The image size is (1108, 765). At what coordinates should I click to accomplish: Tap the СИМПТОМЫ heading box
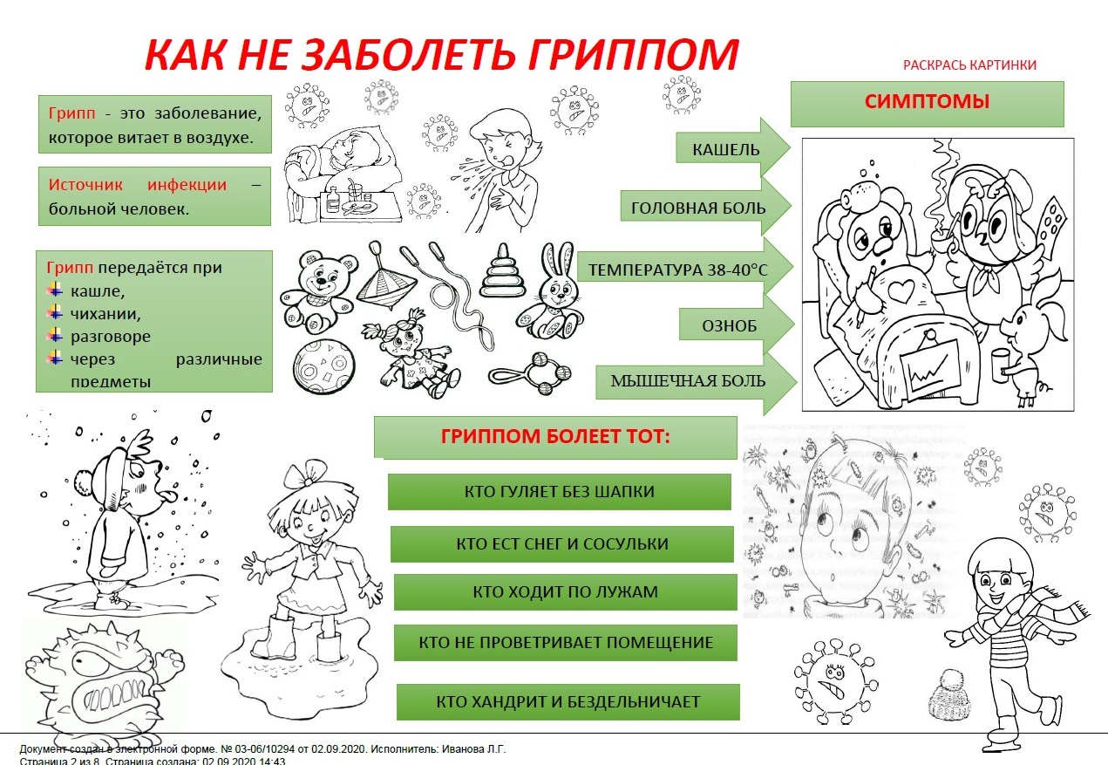[x=927, y=104]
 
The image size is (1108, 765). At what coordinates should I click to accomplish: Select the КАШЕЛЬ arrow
[x=733, y=147]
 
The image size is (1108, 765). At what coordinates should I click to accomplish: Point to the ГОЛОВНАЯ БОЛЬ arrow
[x=706, y=206]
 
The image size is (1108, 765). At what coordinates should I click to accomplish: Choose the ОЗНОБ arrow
[x=737, y=324]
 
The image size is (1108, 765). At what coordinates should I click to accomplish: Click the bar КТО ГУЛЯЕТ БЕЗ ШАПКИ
[x=560, y=492]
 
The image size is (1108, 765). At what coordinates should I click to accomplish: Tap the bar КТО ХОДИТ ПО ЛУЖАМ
[x=566, y=591]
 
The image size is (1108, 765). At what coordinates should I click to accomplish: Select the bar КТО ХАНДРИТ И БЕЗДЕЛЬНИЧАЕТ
[x=568, y=701]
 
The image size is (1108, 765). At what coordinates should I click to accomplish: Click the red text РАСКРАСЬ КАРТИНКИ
[x=969, y=65]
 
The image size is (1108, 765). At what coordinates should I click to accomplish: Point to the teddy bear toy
[x=319, y=292]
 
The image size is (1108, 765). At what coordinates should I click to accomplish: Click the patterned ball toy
[x=324, y=366]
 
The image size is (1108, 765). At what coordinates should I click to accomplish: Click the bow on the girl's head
[x=308, y=474]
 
